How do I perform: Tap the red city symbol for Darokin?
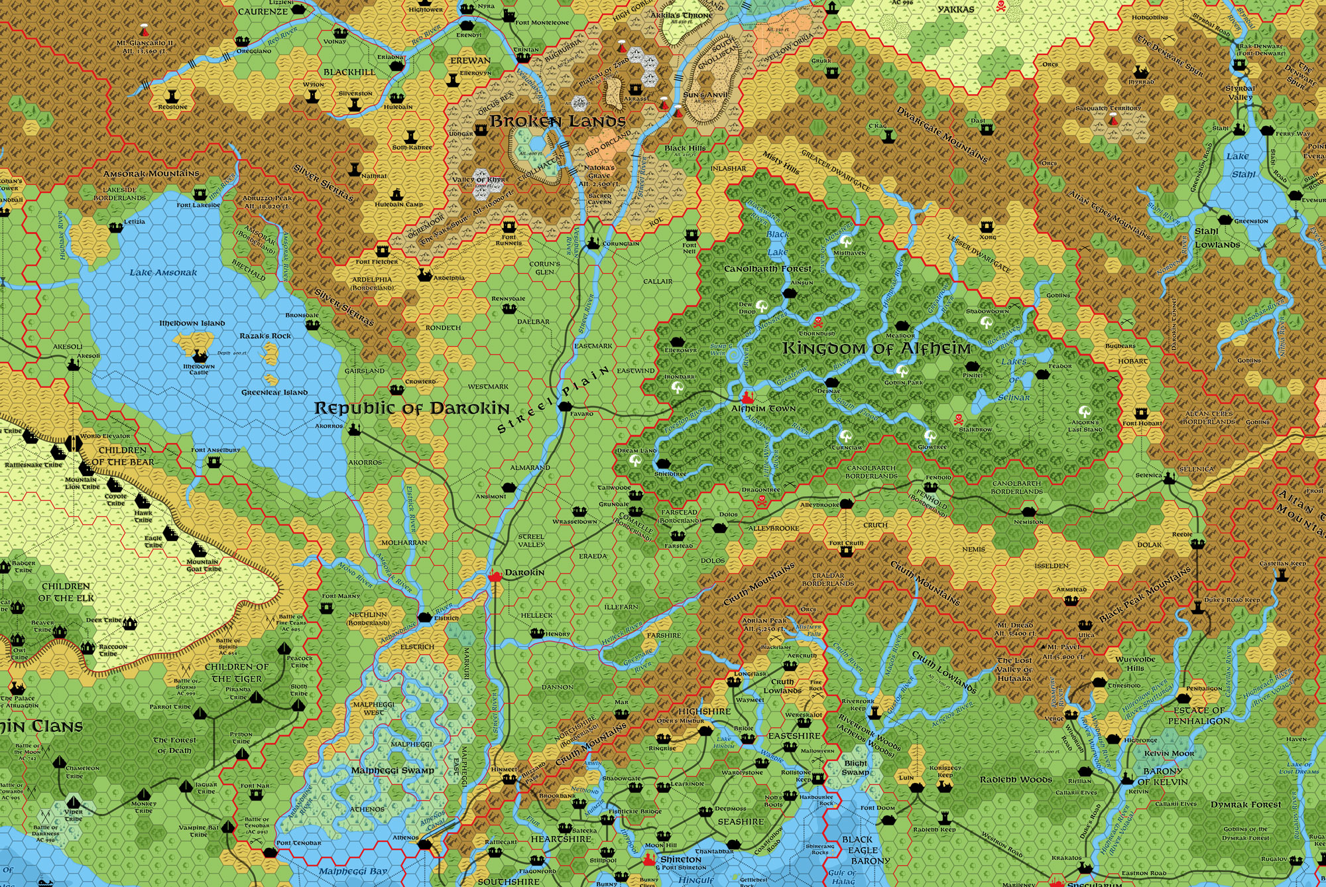click(x=494, y=576)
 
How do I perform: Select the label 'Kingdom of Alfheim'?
click(x=876, y=348)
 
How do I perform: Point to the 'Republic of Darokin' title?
click(x=412, y=408)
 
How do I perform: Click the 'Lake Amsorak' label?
click(x=163, y=272)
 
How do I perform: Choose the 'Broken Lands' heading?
click(x=558, y=121)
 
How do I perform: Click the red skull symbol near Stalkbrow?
click(x=958, y=420)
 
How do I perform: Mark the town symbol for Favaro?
click(x=566, y=406)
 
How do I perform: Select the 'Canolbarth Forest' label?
click(x=767, y=269)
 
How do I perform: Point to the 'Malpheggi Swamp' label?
click(x=392, y=770)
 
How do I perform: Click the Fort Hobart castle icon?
click(x=1141, y=413)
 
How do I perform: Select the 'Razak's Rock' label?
click(x=265, y=336)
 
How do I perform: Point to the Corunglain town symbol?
click(x=593, y=243)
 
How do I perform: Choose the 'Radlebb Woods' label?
click(x=1016, y=780)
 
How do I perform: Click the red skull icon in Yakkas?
click(x=1001, y=7)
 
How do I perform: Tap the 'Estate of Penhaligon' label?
click(x=1199, y=715)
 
